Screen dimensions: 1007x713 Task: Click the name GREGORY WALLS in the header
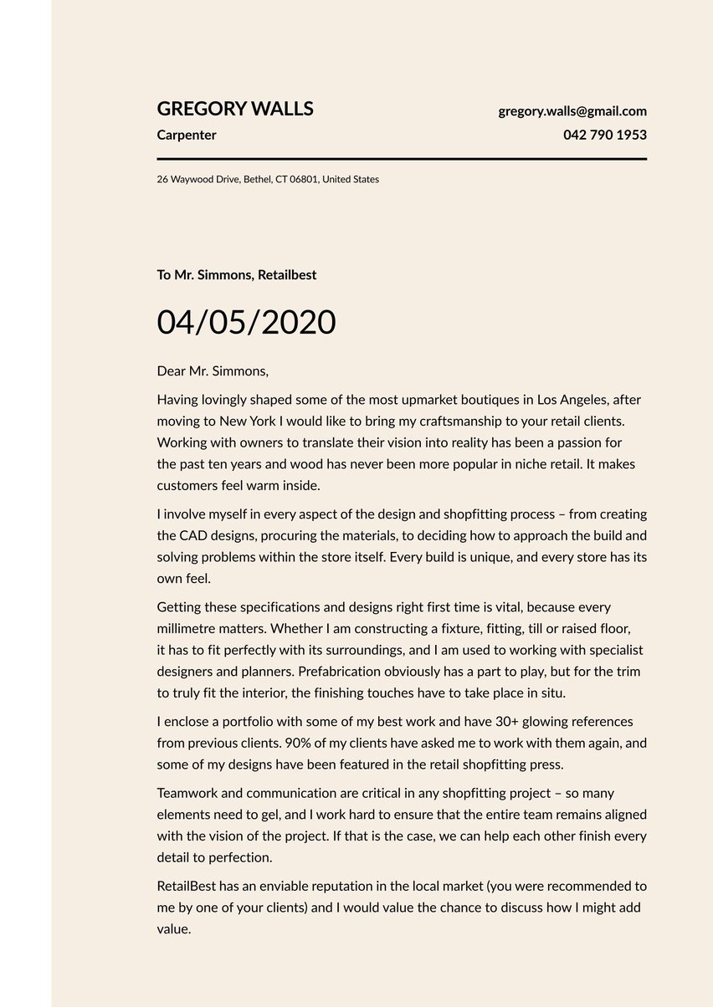[x=235, y=109]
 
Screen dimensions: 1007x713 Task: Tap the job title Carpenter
[x=187, y=135]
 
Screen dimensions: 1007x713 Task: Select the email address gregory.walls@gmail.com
[x=572, y=110]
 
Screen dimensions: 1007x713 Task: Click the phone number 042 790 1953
[x=604, y=135]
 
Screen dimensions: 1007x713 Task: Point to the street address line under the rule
[x=268, y=179]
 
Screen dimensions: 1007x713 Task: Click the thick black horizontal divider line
[x=402, y=158]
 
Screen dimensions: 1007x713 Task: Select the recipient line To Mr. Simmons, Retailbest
[x=237, y=274]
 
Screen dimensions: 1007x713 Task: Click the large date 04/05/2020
[x=246, y=322]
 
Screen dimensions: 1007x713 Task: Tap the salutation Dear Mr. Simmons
[x=213, y=371]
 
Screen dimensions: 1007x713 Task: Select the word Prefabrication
[x=337, y=671]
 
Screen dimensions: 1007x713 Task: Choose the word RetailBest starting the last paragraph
[x=188, y=886]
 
